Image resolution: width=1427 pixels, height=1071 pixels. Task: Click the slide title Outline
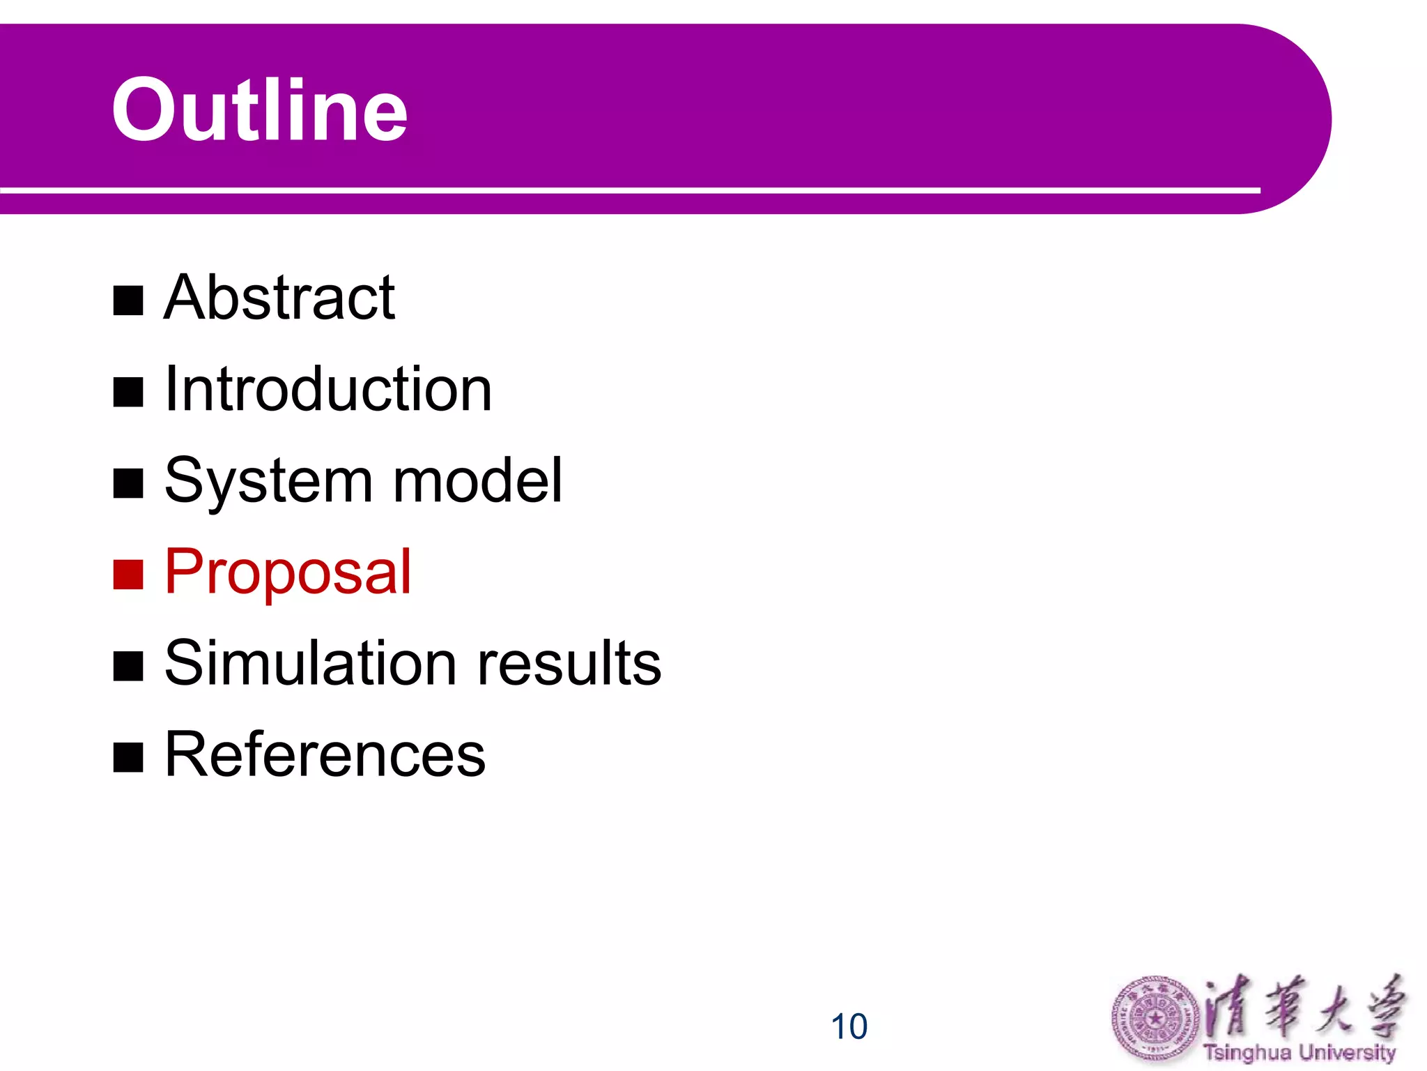259,110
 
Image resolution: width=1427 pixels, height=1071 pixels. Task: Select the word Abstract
279,298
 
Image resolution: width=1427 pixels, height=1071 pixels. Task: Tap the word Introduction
328,389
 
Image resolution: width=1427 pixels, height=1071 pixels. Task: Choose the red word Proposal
288,573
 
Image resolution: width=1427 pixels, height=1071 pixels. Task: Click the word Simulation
311,663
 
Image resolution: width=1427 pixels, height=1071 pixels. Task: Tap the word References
325,754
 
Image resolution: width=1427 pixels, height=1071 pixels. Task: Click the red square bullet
128,575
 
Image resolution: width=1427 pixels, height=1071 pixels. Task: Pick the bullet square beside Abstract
128,301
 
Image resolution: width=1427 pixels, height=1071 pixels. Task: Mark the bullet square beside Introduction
128,393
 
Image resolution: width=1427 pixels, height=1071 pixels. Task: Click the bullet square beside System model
128,484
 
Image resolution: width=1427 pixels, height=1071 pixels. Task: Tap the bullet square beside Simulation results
128,666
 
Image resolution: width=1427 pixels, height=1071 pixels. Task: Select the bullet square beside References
128,757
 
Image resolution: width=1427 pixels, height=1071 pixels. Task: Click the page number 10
849,1026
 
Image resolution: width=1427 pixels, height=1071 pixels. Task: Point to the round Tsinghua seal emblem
1155,1019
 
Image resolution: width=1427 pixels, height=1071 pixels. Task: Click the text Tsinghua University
1299,1052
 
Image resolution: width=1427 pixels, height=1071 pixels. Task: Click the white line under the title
627,190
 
